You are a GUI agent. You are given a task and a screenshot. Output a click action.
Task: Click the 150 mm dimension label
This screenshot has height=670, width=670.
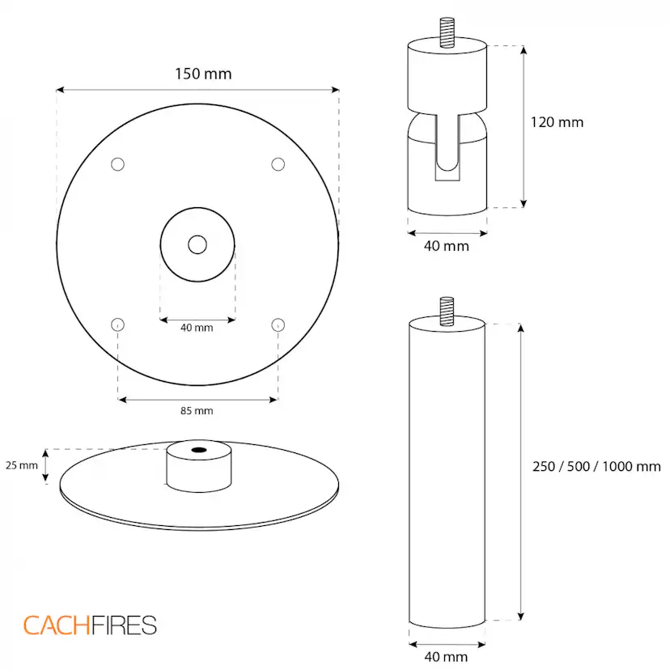click(x=203, y=74)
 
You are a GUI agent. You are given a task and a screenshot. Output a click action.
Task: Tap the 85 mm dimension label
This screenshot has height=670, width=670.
click(x=197, y=411)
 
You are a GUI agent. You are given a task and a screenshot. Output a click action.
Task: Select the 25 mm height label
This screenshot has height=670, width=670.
click(x=22, y=465)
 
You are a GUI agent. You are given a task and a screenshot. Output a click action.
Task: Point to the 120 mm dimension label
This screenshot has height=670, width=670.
click(x=557, y=122)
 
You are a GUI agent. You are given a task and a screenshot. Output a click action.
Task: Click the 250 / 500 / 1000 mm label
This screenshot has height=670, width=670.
click(x=596, y=466)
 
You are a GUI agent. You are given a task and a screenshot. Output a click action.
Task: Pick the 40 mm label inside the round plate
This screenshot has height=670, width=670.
click(x=197, y=328)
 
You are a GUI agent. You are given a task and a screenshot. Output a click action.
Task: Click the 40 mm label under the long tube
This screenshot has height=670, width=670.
click(x=446, y=656)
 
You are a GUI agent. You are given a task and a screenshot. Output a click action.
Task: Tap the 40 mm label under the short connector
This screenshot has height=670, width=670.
click(x=447, y=246)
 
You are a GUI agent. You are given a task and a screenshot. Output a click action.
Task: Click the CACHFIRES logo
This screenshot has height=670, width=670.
click(x=90, y=625)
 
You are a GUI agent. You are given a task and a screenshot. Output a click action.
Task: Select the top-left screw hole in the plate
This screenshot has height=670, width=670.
click(x=117, y=164)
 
